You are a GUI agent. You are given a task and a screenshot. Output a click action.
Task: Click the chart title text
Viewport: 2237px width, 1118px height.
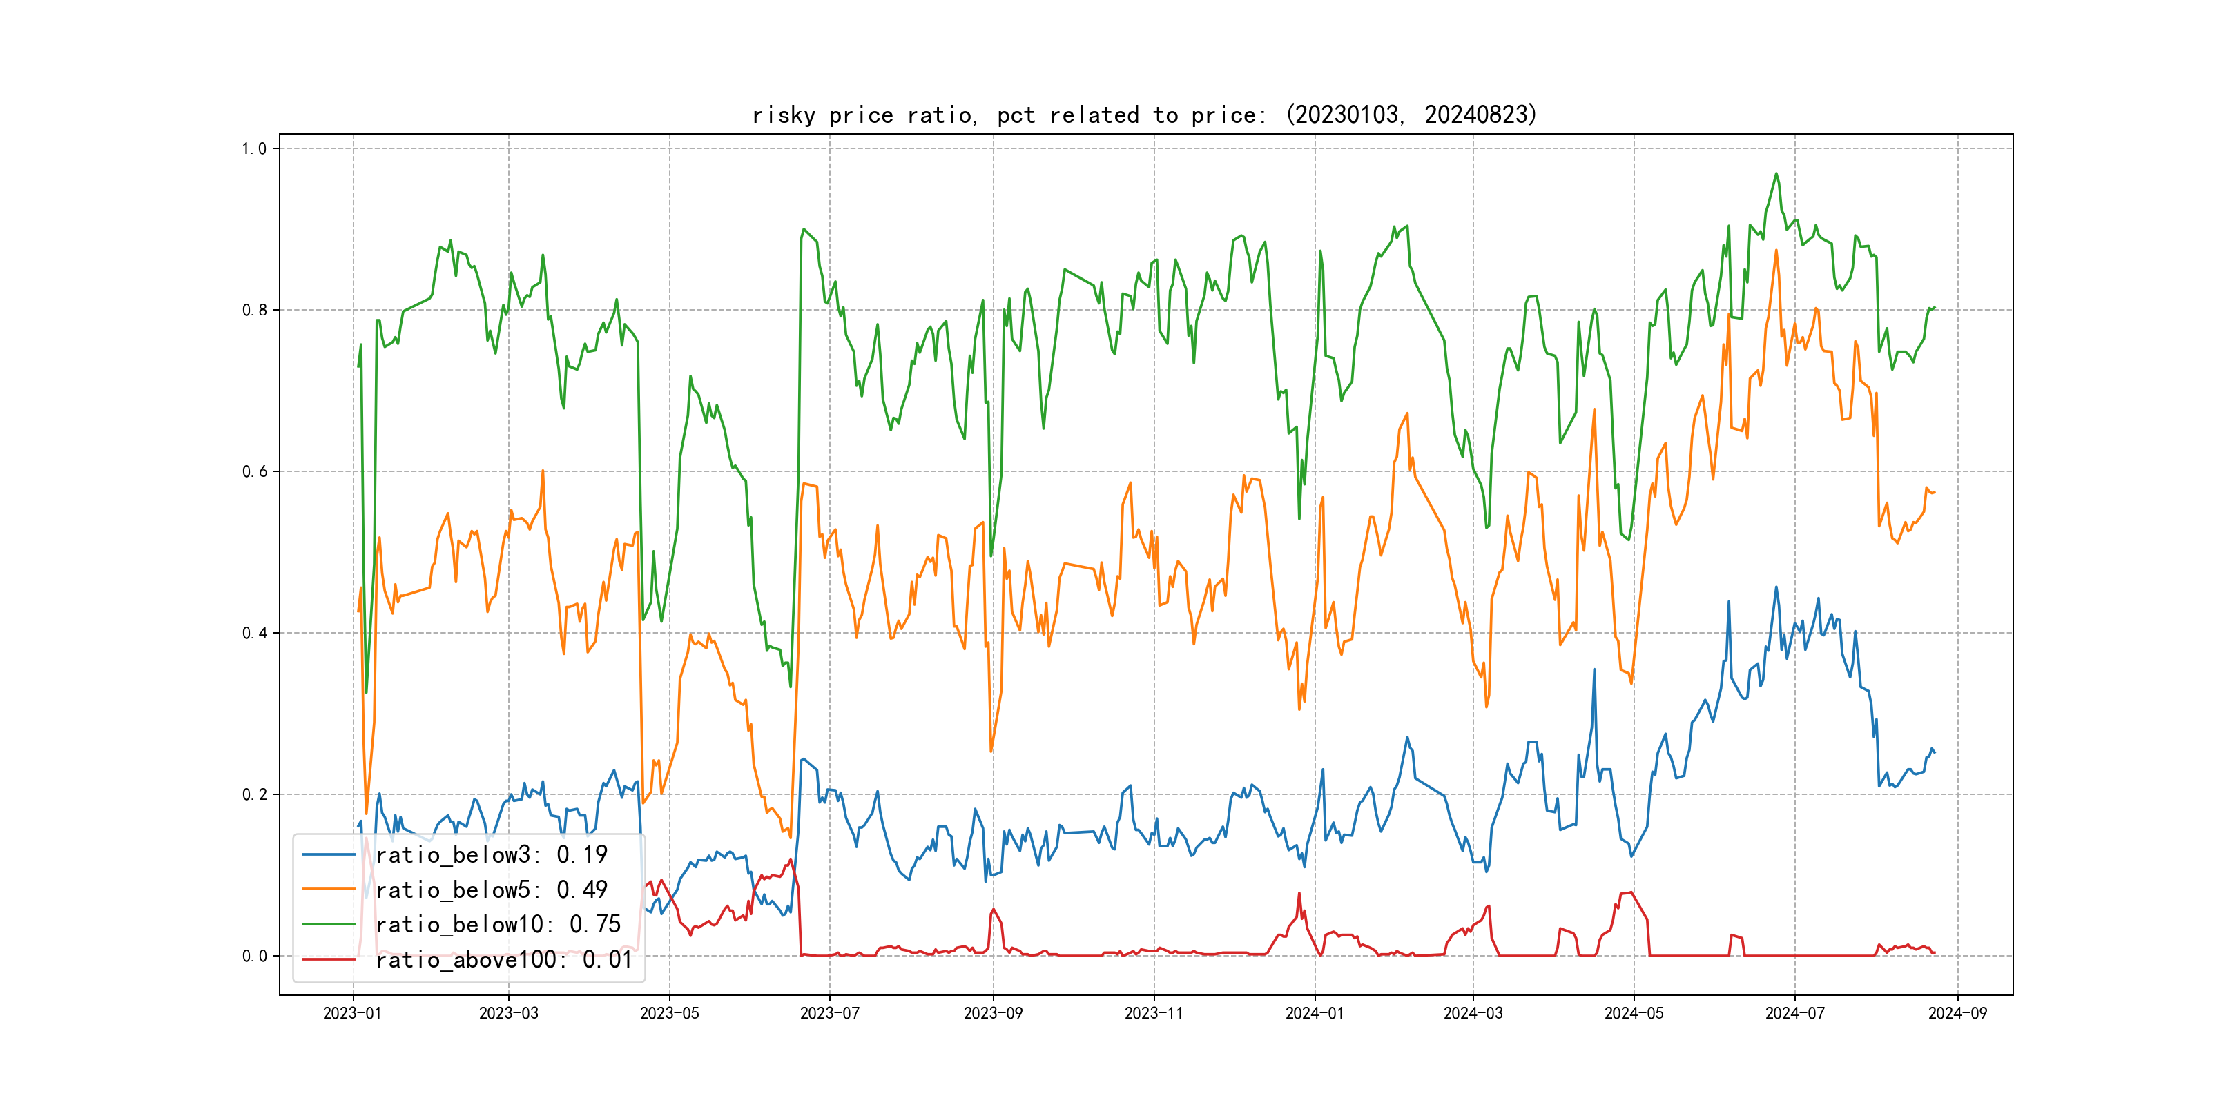point(1143,115)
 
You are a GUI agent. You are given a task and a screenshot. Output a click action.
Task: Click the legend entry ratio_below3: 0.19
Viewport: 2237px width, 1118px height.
point(491,855)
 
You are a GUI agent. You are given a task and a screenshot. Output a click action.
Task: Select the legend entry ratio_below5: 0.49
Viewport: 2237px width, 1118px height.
point(491,890)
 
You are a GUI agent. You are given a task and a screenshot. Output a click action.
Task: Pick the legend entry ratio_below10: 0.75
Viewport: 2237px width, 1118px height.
point(498,925)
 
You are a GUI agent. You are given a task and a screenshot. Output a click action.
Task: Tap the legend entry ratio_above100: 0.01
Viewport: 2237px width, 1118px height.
point(504,959)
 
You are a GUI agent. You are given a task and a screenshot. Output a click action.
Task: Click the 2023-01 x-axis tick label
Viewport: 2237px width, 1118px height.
point(353,1013)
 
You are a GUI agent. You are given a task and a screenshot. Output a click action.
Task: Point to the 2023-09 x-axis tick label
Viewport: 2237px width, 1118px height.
point(993,1013)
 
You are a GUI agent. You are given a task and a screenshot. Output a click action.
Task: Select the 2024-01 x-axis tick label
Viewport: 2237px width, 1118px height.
point(1314,1013)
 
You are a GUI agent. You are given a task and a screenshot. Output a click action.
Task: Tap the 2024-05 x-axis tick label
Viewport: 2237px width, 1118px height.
point(1634,1013)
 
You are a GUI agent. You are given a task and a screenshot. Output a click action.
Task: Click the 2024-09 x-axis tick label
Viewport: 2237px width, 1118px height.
point(1957,1013)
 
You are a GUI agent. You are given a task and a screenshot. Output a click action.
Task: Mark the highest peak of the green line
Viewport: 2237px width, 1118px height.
point(1776,174)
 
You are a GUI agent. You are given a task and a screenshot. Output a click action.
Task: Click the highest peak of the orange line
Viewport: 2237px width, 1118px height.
point(1776,251)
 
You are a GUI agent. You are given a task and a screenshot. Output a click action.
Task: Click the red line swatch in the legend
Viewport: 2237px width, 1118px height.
point(328,959)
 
